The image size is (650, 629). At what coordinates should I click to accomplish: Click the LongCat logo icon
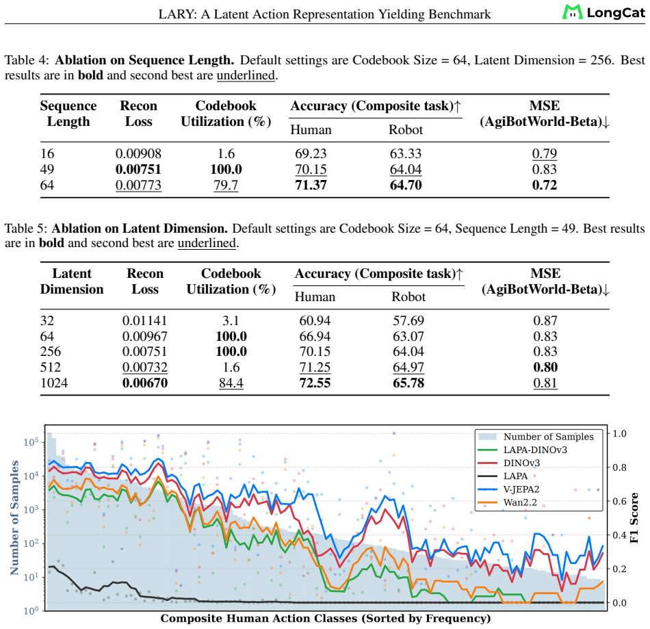tap(572, 12)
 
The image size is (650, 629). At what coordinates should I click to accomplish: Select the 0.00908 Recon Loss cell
tap(138, 154)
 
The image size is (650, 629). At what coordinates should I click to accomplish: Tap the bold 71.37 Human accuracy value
tap(311, 185)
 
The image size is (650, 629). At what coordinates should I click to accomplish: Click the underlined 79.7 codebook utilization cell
tap(226, 185)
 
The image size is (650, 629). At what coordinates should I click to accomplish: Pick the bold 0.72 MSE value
tap(545, 185)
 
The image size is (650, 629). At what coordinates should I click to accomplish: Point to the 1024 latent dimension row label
tap(54, 383)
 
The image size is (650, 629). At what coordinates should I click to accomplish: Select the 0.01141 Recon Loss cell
tap(144, 320)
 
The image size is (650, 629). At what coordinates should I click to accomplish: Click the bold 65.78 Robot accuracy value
tap(408, 383)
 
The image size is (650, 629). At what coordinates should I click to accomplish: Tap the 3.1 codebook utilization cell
tap(231, 320)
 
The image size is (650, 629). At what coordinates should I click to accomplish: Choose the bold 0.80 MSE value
tap(545, 367)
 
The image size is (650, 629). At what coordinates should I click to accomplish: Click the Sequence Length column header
tap(68, 114)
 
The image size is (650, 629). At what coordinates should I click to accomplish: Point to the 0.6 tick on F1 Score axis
tap(619, 501)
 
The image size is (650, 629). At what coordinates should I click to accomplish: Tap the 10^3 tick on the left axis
tap(31, 509)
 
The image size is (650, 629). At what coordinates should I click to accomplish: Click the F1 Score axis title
tap(634, 518)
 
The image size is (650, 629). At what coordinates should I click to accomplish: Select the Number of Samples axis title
tap(14, 517)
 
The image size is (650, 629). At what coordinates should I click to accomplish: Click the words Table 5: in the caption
tap(27, 229)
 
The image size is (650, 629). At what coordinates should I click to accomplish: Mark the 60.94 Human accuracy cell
tap(315, 320)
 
